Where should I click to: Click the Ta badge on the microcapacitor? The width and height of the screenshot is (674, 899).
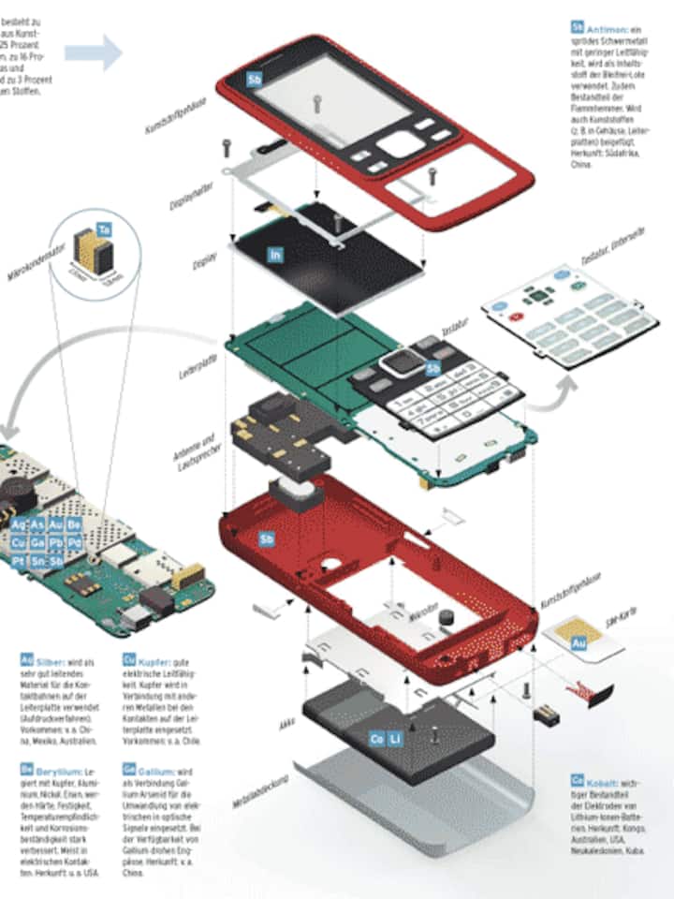click(104, 228)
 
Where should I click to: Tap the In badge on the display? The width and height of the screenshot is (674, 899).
click(275, 254)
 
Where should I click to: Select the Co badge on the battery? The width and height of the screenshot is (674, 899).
click(375, 740)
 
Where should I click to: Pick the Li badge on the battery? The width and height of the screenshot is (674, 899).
click(396, 740)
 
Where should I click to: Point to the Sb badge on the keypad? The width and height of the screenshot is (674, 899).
click(432, 368)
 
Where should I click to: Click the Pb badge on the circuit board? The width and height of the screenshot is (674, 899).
click(55, 542)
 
